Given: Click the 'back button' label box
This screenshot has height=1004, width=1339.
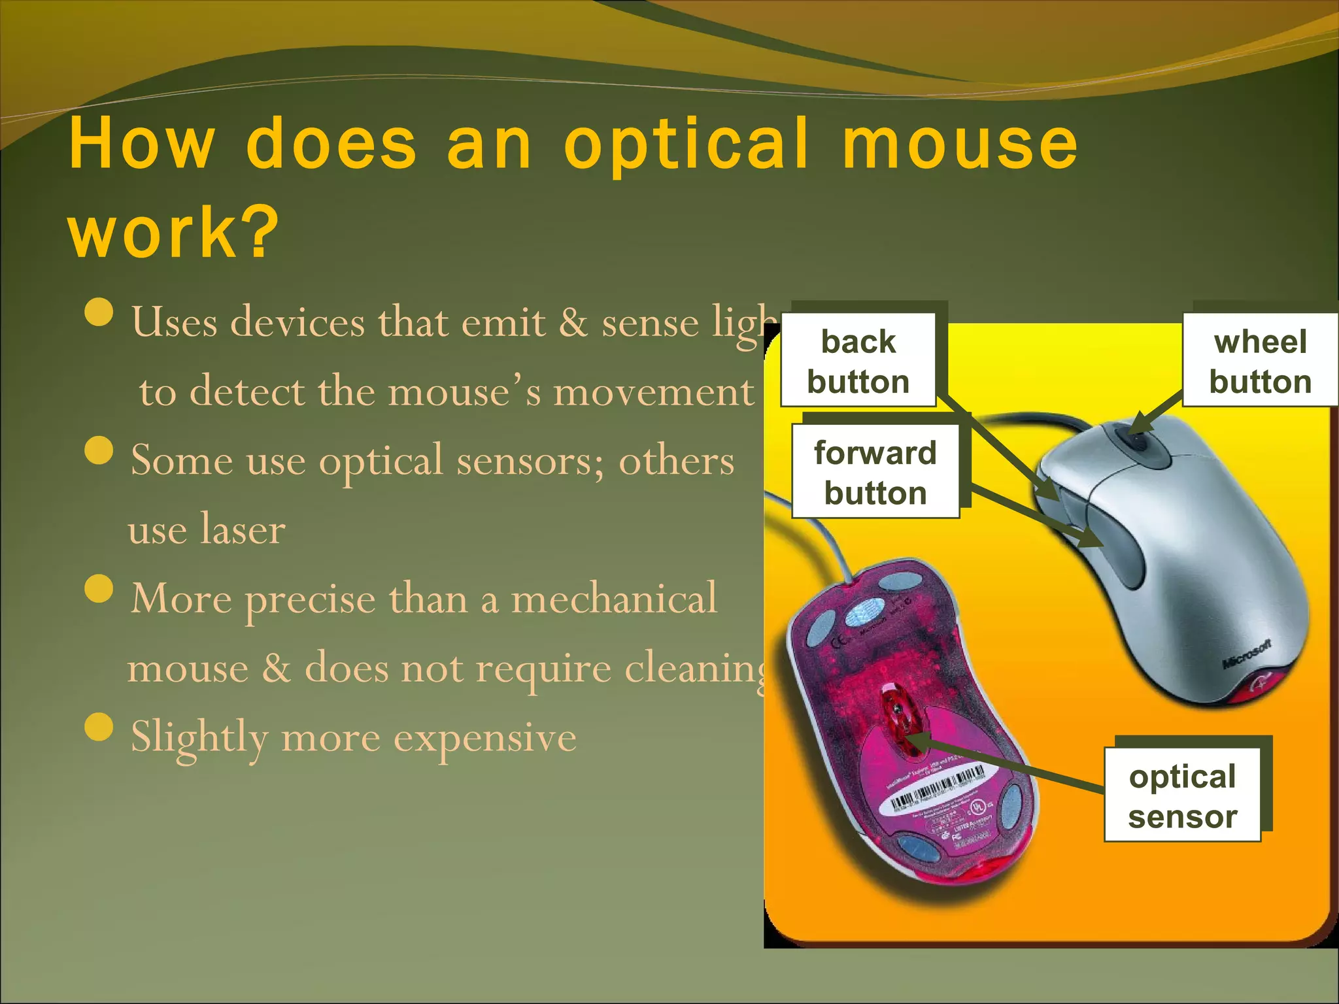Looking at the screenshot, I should [858, 360].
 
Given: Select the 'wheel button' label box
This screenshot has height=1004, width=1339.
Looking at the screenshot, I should [1260, 360].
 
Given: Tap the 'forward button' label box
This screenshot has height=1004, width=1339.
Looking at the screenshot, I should [875, 471].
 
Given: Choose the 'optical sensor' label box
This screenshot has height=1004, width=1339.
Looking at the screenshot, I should [1182, 795].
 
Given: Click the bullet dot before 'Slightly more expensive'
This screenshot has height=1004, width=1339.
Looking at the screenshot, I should [99, 728].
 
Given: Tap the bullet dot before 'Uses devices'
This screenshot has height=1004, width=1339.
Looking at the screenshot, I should [99, 312].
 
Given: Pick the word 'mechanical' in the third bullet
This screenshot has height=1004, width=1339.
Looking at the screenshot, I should [614, 597].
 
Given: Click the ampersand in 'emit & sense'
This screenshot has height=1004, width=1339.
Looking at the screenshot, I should [573, 322].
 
